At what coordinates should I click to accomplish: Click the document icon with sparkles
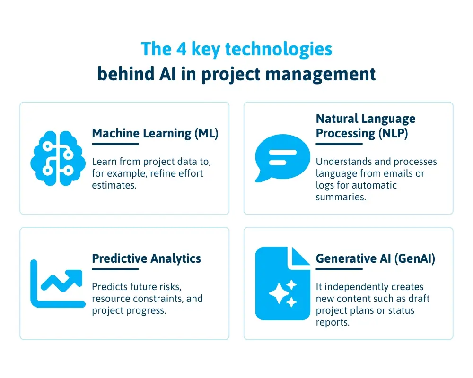click(283, 283)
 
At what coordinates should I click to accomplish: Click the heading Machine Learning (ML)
click(155, 133)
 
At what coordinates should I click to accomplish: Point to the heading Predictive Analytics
click(146, 258)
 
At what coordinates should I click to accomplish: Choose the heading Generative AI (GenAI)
click(376, 258)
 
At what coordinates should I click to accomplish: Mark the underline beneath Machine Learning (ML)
click(115, 144)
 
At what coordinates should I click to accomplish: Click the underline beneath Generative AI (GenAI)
click(339, 269)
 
